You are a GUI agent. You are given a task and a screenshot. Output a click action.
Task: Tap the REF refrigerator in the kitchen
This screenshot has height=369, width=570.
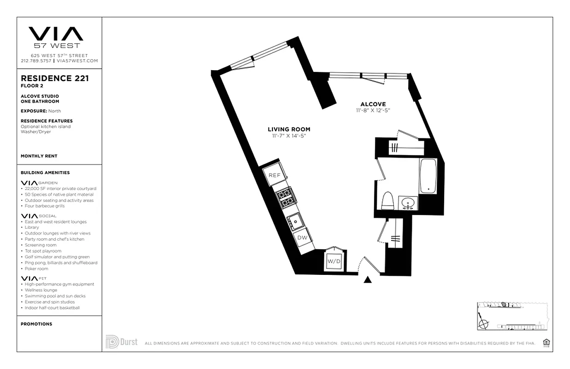274,175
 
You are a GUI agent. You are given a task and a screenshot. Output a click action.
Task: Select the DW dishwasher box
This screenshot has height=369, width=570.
302,238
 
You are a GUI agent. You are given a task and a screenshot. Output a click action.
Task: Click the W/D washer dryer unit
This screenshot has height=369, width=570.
333,262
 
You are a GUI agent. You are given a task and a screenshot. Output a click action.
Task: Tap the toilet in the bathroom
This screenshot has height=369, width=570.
387,200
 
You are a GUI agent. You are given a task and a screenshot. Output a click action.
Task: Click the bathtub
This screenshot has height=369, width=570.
428,176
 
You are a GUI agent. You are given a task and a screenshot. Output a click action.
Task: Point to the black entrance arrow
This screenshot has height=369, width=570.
368,280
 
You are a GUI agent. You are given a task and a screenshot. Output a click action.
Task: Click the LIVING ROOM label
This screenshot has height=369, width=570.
289,130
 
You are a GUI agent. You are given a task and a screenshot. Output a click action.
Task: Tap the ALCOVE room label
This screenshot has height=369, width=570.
373,104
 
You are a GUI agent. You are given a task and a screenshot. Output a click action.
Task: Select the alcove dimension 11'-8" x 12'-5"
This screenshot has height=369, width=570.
373,111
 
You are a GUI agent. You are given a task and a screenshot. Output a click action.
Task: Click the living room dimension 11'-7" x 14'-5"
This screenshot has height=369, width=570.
289,136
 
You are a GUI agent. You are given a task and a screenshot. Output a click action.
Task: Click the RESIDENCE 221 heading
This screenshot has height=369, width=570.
55,78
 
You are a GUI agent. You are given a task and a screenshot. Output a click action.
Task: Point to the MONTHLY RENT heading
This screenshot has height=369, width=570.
39,156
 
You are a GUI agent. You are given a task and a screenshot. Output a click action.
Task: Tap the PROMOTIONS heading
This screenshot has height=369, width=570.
36,324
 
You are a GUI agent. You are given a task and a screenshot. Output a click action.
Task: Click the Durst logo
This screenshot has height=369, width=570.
121,342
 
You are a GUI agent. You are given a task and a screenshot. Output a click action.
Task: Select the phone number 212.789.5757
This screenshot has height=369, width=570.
36,61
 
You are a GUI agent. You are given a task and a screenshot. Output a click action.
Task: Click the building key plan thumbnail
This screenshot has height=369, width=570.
512,316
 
